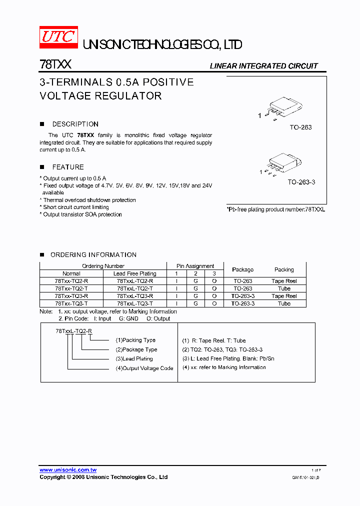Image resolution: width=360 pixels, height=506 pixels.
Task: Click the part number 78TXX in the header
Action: pos(55,65)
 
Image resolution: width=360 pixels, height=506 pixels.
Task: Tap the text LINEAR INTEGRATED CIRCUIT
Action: pos(263,66)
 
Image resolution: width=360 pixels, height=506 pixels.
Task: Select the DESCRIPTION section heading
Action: pos(75,124)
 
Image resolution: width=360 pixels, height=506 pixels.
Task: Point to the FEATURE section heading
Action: pos(68,167)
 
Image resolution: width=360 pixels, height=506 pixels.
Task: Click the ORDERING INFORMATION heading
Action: pos(93,254)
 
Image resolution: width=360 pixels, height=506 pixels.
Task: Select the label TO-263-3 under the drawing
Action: pos(301,182)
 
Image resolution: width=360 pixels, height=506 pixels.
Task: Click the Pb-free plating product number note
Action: pos(275,209)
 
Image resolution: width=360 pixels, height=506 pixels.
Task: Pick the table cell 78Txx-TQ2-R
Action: pos(71,281)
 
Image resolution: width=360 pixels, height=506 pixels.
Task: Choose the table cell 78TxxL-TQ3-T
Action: pos(135,303)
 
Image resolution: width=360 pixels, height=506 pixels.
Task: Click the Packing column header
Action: pos(284,269)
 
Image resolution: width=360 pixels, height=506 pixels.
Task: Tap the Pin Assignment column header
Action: pos(195,266)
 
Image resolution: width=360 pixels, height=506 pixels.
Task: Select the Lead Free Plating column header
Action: pos(135,273)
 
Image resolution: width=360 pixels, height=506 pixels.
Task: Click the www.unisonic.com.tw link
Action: pos(68,470)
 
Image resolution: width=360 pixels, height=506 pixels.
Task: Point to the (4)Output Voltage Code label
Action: pos(144,368)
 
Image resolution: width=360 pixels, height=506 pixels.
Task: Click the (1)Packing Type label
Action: pos(135,340)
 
